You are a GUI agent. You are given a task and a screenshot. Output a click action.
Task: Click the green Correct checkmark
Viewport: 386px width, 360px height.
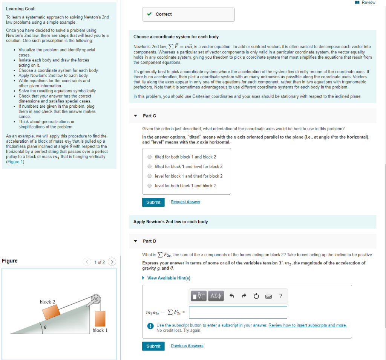point(150,14)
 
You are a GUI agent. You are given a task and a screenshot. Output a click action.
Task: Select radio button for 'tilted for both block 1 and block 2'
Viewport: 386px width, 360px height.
point(150,157)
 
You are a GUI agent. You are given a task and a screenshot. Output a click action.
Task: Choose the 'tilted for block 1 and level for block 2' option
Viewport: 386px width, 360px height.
point(150,166)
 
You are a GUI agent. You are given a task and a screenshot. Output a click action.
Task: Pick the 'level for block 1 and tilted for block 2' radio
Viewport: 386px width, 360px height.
point(150,176)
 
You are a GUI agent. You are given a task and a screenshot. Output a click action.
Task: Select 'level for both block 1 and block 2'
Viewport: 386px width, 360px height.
point(150,186)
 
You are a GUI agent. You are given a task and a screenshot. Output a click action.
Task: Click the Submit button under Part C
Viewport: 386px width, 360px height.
point(153,202)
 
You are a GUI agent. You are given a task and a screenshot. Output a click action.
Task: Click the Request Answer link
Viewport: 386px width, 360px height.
point(185,202)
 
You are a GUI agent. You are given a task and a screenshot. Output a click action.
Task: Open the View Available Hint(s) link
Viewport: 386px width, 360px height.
point(168,278)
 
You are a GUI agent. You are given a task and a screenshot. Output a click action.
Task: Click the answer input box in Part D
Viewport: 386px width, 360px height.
point(238,313)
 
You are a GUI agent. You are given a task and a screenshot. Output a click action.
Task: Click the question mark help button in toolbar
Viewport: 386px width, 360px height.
point(280,296)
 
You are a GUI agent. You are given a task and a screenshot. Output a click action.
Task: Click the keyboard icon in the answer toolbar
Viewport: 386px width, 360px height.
point(268,296)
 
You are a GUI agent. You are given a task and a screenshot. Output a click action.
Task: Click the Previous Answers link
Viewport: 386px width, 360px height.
point(187,346)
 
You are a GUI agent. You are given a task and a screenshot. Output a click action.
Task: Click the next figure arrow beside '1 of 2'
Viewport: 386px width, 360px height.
point(112,262)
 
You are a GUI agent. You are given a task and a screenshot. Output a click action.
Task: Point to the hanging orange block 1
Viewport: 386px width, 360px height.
point(100,318)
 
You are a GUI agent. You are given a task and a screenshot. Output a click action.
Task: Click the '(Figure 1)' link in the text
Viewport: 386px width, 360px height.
point(15,162)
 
